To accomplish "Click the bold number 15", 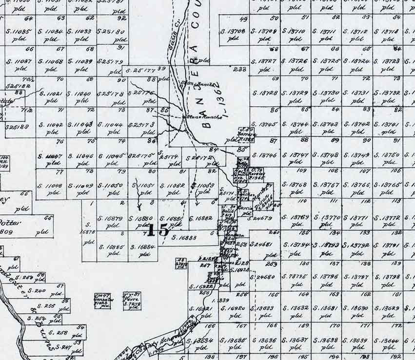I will point(157,230).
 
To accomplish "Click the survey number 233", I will point(239,69).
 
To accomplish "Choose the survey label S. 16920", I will point(233,308).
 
